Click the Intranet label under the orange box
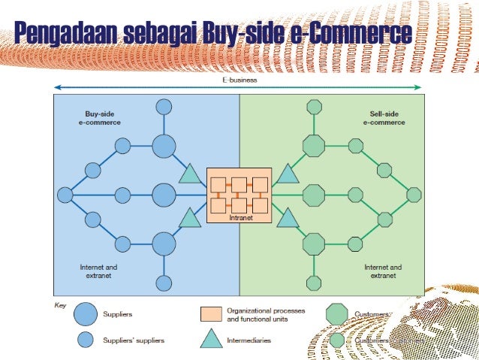[238, 218]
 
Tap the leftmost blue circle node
[65, 195]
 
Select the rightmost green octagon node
[414, 195]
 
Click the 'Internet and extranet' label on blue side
[98, 271]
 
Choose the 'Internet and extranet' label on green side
[383, 271]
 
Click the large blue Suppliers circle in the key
[86, 314]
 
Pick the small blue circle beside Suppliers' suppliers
[86, 340]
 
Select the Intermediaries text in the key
[249, 340]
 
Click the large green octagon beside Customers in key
[338, 314]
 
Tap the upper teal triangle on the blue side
[191, 174]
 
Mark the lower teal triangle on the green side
[288, 218]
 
